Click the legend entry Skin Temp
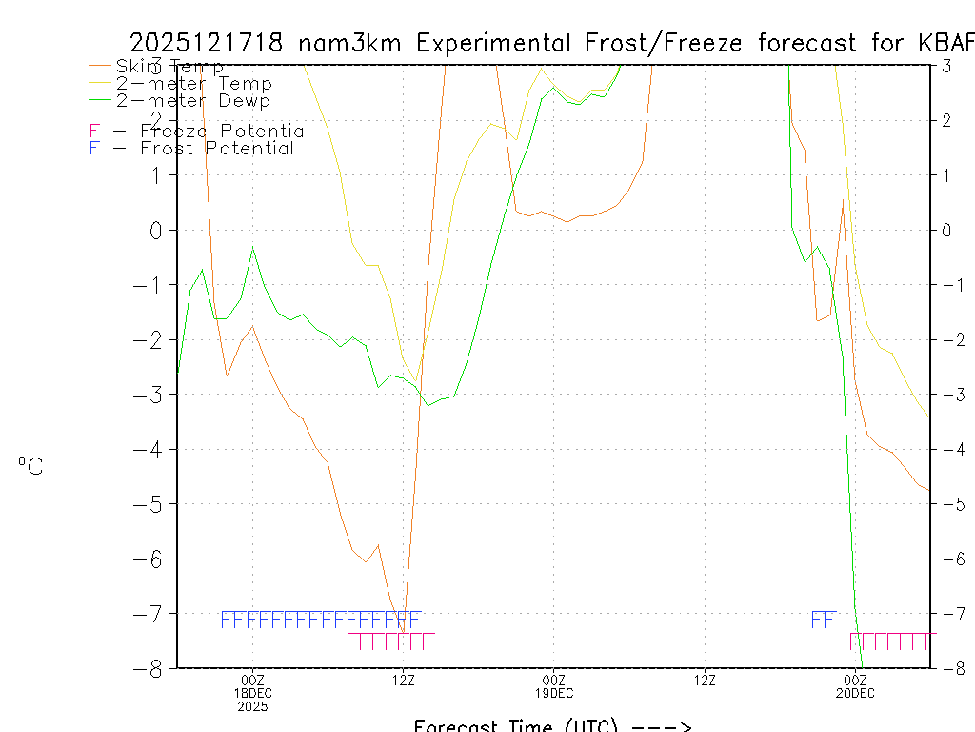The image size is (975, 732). (x=169, y=67)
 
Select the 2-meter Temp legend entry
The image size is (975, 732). (x=193, y=84)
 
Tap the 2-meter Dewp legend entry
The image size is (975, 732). (x=192, y=100)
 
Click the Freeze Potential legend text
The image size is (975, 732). (x=225, y=132)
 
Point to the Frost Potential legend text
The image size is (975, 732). (x=217, y=149)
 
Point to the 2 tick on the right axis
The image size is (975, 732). (x=946, y=120)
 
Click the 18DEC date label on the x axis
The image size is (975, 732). (x=252, y=693)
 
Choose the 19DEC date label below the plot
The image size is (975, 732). (x=554, y=693)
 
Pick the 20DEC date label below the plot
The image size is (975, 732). (x=855, y=693)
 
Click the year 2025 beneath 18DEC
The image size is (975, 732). (x=252, y=707)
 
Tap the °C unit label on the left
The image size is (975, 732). (x=30, y=466)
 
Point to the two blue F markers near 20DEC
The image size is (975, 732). (x=823, y=620)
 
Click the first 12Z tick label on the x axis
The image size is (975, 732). (x=404, y=680)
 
